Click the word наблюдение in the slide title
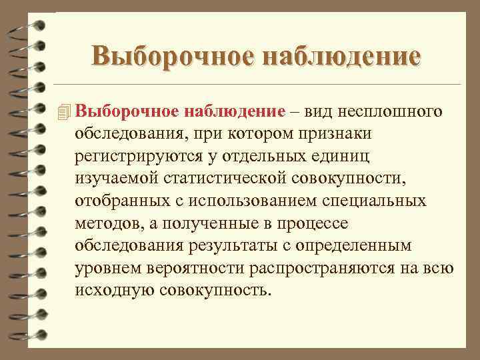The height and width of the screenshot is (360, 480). (342, 56)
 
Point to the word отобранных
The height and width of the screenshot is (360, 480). (116, 201)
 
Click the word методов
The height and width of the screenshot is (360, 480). (107, 223)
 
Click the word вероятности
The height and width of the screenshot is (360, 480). (190, 269)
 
